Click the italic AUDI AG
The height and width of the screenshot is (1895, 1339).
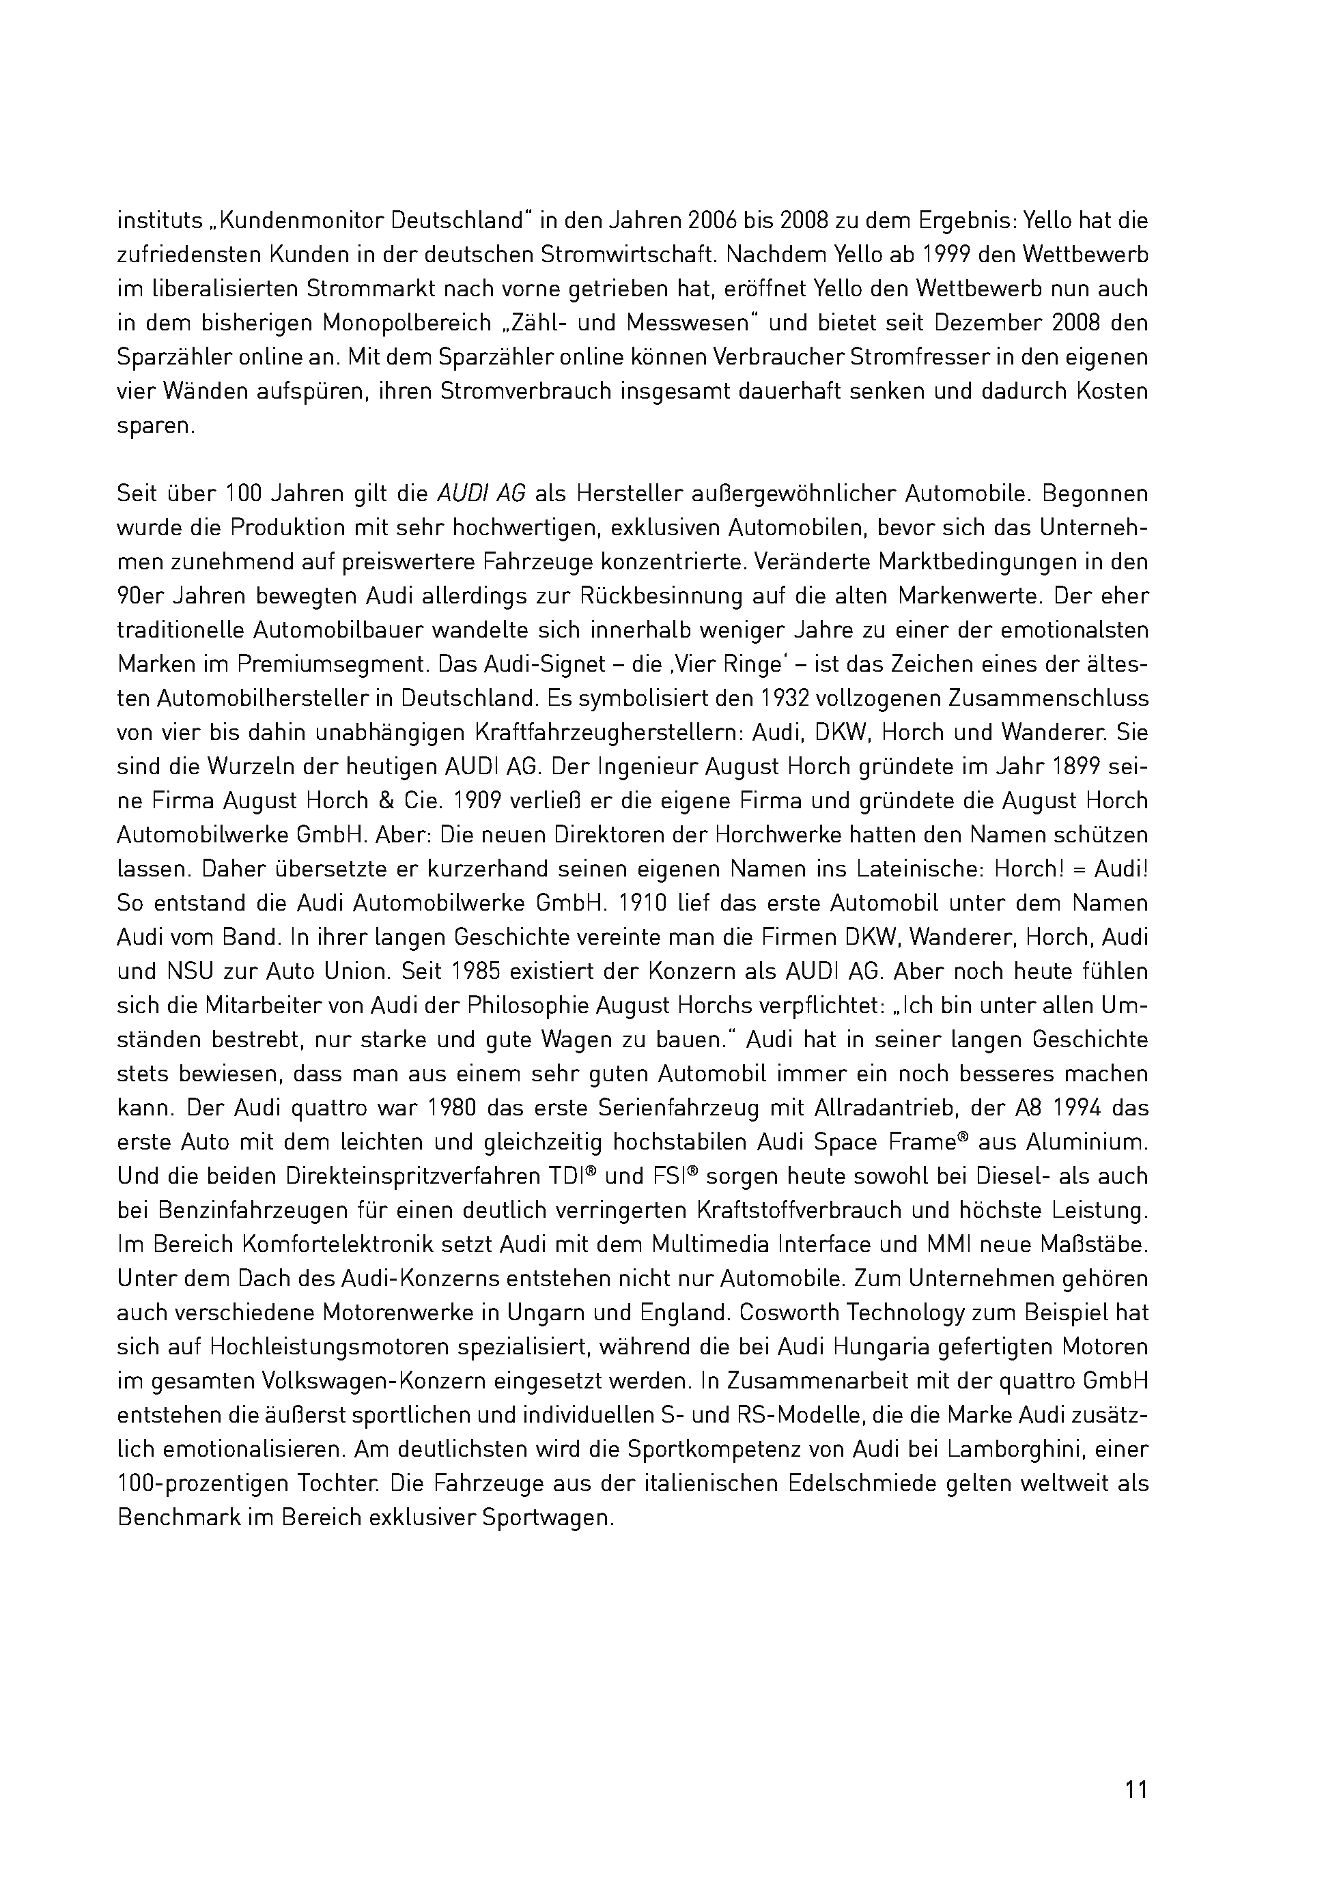coord(481,494)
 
